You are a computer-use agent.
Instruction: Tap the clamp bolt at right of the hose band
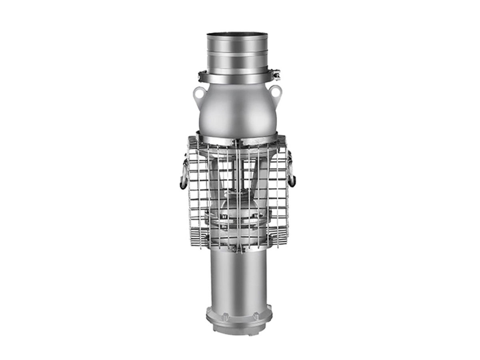pyautogui.click(x=276, y=74)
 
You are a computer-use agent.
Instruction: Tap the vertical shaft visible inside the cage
pyautogui.click(x=239, y=176)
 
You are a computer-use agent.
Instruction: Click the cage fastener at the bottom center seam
pyautogui.click(x=238, y=249)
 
